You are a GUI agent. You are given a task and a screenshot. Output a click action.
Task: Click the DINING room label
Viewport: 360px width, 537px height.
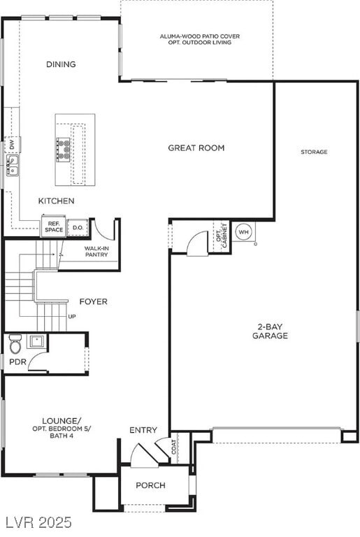tap(61, 64)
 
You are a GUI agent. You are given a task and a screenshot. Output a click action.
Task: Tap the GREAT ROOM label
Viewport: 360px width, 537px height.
tap(196, 148)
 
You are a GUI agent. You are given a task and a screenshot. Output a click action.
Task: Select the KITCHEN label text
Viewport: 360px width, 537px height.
tap(57, 201)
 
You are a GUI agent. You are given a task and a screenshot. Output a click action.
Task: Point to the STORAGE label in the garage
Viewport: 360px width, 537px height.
tap(314, 152)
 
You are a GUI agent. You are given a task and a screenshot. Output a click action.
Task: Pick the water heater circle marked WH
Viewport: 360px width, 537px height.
tap(243, 232)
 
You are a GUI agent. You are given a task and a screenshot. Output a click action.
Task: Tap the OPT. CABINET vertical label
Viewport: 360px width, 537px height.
tap(222, 235)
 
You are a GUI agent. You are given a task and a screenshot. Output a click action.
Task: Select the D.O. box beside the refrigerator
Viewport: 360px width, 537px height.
tap(78, 227)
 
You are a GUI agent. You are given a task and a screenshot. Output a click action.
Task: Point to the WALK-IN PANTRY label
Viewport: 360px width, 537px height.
tap(96, 252)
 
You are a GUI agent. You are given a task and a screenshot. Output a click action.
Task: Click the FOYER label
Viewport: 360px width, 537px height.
tap(93, 301)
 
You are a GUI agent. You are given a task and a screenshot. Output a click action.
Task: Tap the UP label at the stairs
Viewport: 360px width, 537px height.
tap(71, 317)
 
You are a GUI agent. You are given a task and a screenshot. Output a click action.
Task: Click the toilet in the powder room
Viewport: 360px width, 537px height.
tap(15, 343)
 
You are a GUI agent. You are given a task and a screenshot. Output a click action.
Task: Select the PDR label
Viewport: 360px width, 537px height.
tap(17, 361)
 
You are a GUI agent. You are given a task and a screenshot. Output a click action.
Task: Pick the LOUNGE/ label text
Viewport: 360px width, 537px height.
tap(62, 420)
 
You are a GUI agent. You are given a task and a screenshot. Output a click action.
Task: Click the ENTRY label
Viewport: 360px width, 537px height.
tap(143, 430)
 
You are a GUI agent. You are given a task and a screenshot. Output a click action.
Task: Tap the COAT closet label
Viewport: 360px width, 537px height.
tap(174, 447)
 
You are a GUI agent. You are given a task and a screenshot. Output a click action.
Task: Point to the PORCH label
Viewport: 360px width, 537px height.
tap(150, 485)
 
